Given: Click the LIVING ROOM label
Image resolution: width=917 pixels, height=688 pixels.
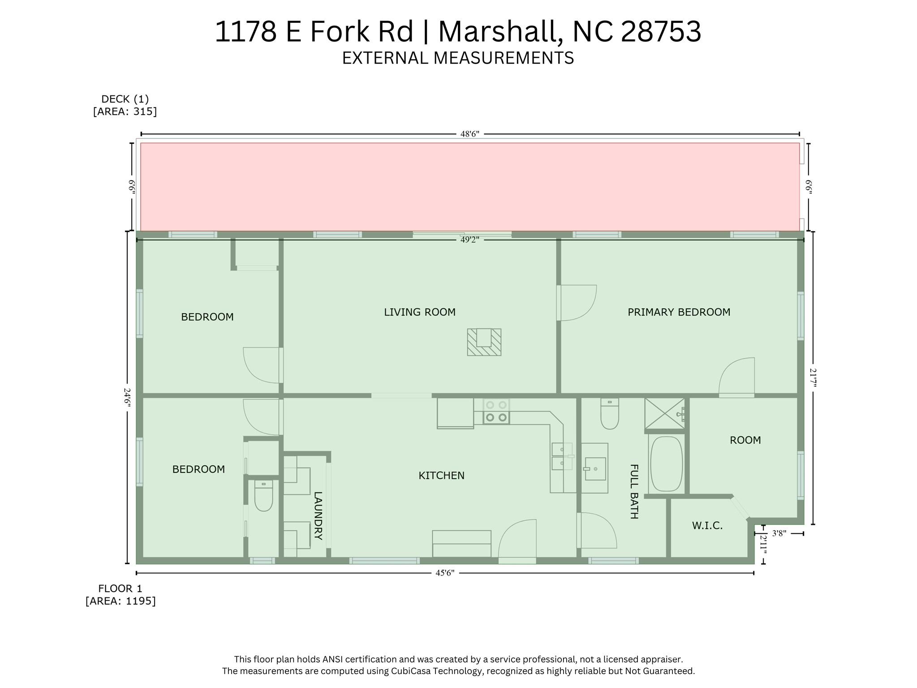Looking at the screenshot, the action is click(420, 312).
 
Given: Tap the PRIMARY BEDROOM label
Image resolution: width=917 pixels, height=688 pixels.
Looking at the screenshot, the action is click(679, 312).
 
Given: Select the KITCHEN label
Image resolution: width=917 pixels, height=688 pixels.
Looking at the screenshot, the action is click(441, 476).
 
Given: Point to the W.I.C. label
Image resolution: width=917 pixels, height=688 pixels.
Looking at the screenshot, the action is click(707, 526).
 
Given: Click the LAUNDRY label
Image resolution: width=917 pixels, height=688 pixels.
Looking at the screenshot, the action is click(318, 516).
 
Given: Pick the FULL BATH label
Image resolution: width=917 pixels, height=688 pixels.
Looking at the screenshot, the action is click(634, 491).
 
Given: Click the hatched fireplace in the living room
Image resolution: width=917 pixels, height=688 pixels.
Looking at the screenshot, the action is click(484, 342).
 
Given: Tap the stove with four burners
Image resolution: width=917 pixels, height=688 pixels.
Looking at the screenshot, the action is click(496, 411).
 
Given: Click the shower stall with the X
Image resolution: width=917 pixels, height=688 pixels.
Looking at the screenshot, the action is click(665, 413).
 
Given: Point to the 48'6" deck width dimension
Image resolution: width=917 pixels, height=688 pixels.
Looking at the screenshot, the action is click(470, 134).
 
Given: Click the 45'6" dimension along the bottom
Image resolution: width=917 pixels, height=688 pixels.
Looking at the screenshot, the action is click(445, 572).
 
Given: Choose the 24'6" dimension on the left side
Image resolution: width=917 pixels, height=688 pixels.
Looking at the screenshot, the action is click(127, 398).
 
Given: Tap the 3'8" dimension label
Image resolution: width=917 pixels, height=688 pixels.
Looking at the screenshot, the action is click(779, 533).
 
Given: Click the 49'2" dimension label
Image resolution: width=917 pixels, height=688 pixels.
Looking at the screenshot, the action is click(470, 239).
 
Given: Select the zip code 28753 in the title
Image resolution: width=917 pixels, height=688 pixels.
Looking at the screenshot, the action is click(661, 32).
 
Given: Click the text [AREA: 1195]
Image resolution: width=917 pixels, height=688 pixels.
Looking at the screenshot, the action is click(121, 601).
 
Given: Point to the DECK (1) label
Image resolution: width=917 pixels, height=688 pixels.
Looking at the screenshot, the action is click(125, 99).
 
